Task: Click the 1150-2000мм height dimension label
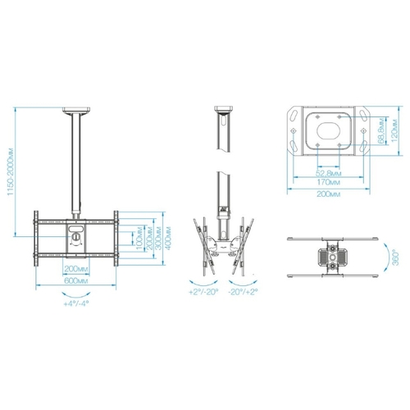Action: [10, 171]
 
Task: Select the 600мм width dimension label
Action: [76, 281]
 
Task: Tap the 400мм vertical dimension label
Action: [168, 238]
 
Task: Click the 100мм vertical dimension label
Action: [139, 238]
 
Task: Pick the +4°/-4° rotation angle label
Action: [76, 303]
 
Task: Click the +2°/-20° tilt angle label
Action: [203, 292]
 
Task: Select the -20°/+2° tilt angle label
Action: [244, 292]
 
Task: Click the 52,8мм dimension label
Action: [329, 173]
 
